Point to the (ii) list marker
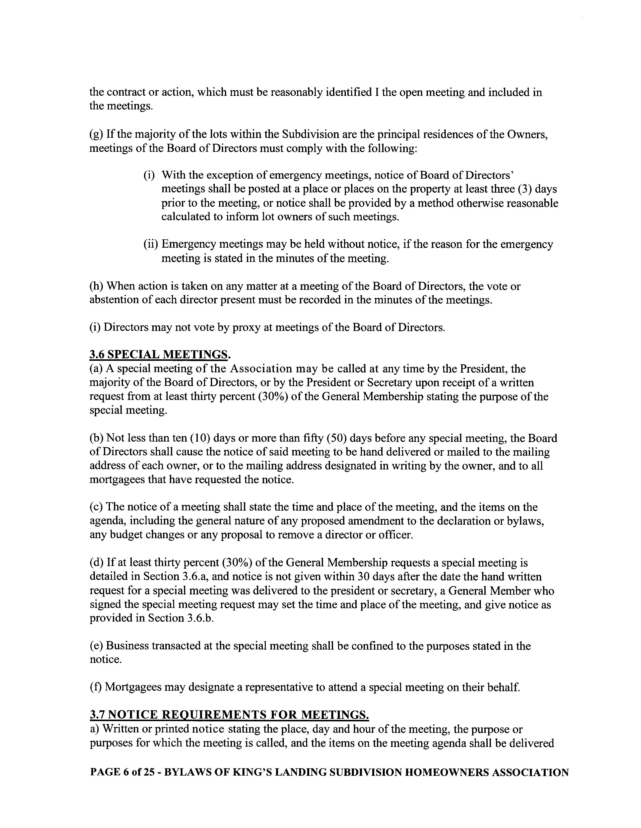(x=151, y=244)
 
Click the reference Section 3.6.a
(x=175, y=576)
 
